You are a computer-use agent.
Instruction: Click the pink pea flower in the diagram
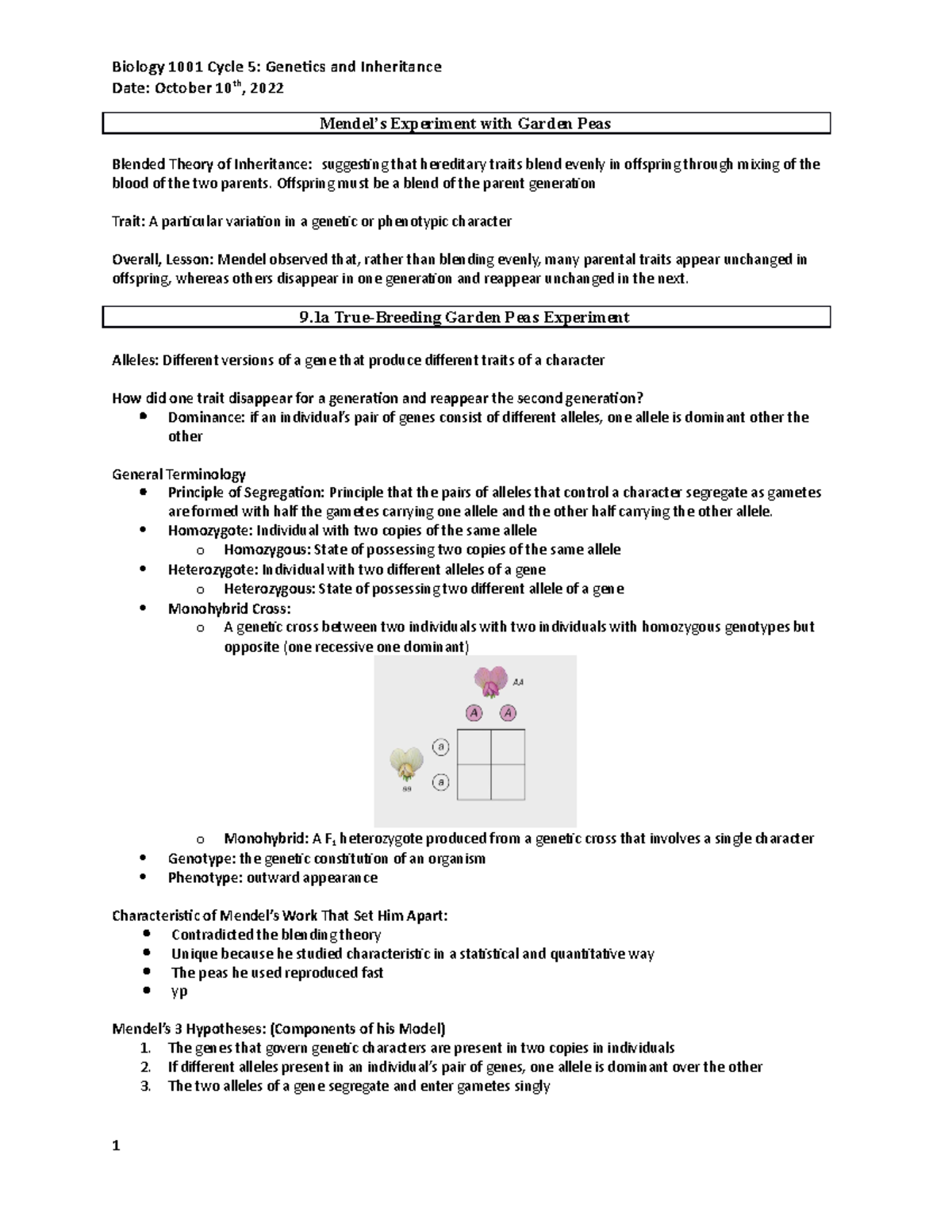(x=490, y=681)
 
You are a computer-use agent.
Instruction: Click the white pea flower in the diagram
(x=407, y=765)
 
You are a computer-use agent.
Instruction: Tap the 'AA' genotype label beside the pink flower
(x=519, y=681)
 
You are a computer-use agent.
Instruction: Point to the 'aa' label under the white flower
(x=407, y=789)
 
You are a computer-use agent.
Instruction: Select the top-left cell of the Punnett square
(x=474, y=746)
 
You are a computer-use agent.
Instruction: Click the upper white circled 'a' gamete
(x=441, y=746)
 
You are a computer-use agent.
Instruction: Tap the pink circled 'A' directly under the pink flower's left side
(x=474, y=713)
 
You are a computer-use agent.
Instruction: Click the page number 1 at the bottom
(x=116, y=1146)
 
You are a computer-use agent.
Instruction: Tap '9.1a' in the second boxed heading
(x=314, y=317)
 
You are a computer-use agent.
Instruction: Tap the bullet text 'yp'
(x=179, y=991)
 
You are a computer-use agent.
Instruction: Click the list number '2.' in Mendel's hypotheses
(x=145, y=1067)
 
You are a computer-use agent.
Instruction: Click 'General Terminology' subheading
(x=178, y=474)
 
